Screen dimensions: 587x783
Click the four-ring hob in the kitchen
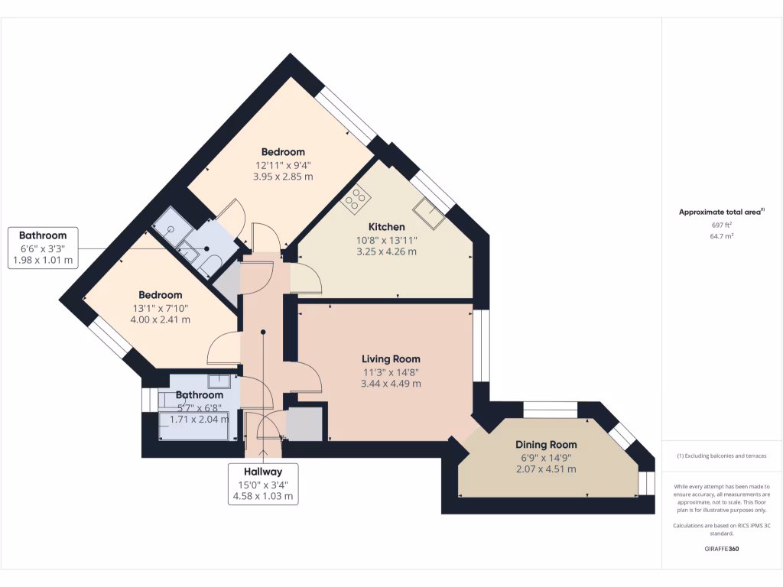click(356, 199)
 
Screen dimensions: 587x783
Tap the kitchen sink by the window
click(430, 213)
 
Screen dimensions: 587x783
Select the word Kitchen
click(386, 227)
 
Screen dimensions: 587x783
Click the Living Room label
click(391, 358)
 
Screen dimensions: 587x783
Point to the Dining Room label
click(546, 444)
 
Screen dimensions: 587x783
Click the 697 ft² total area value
click(722, 225)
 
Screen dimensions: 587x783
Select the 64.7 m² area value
click(722, 237)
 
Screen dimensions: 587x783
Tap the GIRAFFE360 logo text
click(722, 549)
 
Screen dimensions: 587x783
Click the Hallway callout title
click(263, 472)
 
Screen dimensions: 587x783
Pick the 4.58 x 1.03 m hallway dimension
click(263, 496)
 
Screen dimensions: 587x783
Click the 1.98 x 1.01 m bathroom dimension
click(43, 260)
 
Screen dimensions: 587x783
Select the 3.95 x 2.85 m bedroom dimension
click(283, 177)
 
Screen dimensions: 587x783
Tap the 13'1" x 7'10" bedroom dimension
click(160, 308)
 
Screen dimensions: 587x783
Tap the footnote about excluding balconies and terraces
click(722, 456)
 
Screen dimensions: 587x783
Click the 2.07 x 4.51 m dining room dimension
click(546, 469)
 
